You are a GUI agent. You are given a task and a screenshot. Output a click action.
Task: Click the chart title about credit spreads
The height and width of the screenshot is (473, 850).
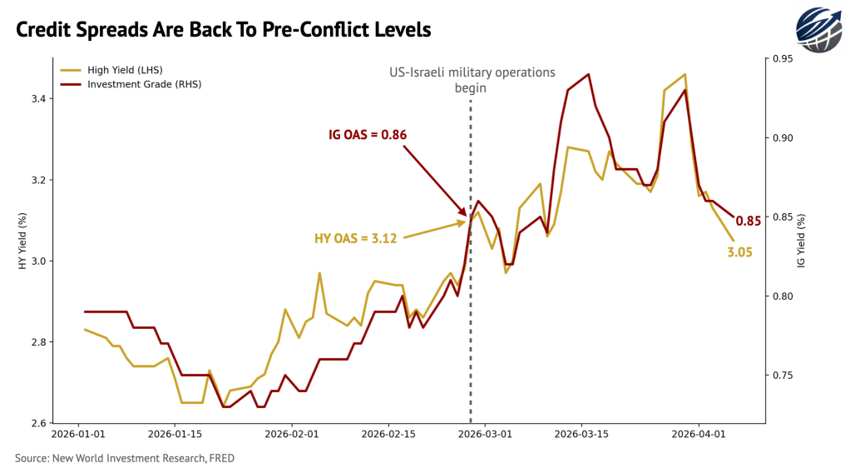(223, 29)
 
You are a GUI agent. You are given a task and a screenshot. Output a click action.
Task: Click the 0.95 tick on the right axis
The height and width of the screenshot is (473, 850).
(782, 59)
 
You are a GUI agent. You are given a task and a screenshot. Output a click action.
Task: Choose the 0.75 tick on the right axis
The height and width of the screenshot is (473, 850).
(782, 376)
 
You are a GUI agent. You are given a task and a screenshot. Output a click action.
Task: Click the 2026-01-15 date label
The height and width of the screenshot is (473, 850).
(176, 434)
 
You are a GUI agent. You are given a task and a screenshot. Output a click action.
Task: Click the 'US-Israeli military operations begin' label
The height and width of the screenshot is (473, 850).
(471, 79)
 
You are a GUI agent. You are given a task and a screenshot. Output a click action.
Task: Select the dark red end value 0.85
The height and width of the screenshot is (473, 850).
(749, 222)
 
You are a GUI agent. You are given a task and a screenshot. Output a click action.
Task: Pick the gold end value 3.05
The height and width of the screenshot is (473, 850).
(739, 251)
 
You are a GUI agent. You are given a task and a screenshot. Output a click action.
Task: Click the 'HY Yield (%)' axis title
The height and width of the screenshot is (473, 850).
(22, 241)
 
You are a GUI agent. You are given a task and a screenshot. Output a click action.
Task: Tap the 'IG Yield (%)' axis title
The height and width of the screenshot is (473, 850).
(801, 241)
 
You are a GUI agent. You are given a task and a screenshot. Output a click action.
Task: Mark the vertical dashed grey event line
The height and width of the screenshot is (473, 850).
(471, 333)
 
